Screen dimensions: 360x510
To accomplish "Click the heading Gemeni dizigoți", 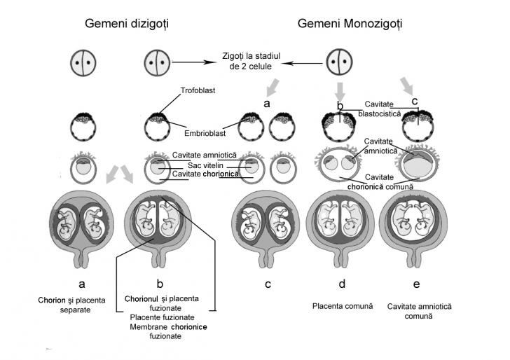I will click(x=126, y=24).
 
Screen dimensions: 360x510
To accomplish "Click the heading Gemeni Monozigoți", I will click(x=350, y=24).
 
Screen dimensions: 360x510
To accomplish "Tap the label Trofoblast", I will click(x=193, y=92).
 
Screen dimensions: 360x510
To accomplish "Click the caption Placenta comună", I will click(x=341, y=305).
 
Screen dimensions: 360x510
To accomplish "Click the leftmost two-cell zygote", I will click(x=83, y=62).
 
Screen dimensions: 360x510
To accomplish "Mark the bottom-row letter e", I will click(x=416, y=285).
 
